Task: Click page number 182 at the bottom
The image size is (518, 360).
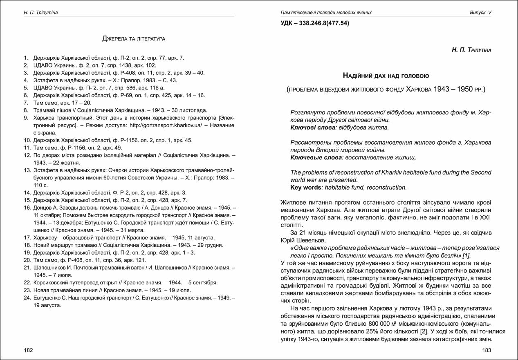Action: [x=28, y=350]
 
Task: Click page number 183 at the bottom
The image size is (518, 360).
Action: [x=487, y=350]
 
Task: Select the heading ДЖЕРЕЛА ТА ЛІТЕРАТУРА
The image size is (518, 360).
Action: [x=133, y=39]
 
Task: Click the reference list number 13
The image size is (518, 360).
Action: [x=27, y=170]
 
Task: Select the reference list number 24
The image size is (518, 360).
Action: [x=27, y=297]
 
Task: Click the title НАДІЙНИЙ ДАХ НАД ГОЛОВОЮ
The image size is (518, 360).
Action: [x=386, y=76]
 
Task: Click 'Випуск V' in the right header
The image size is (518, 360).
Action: [x=480, y=13]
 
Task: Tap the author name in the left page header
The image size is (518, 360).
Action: [x=40, y=13]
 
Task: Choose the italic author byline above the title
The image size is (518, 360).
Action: [x=471, y=50]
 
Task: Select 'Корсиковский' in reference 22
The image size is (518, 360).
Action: [x=51, y=282]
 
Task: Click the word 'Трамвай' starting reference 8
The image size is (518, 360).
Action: [x=44, y=110]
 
